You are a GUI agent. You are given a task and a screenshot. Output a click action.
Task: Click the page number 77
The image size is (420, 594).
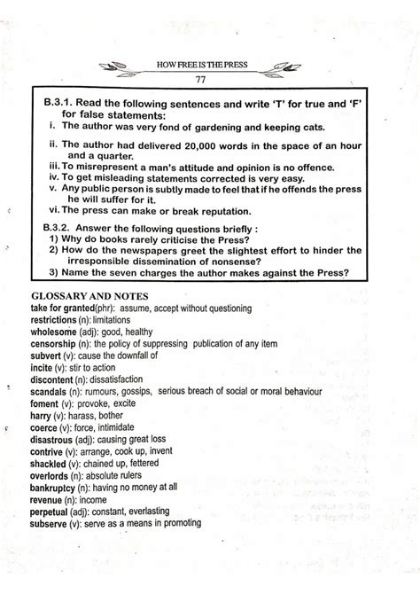click(x=211, y=78)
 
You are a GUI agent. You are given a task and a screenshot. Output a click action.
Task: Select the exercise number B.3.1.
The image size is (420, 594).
click(x=62, y=104)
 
